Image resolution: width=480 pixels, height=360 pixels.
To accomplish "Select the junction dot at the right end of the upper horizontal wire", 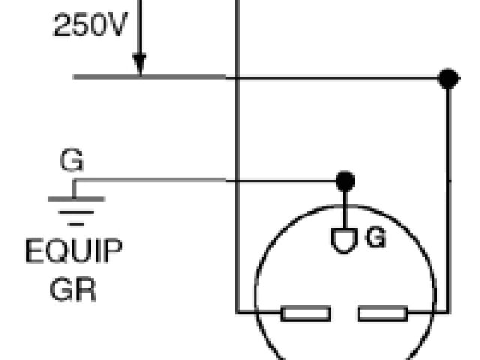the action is point(448,77).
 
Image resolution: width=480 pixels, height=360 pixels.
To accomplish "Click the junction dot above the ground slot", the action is point(344,180).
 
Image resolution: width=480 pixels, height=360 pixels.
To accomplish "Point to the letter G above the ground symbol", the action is point(71,162).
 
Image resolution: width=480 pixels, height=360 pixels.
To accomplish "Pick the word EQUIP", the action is point(73,251).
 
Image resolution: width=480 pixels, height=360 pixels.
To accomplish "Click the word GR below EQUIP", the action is point(73,288).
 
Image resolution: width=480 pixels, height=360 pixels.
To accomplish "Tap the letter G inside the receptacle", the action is point(376,238).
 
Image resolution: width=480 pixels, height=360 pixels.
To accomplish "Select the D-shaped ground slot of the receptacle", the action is point(344,240).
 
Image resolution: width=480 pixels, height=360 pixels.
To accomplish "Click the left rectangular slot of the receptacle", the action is point(306,312).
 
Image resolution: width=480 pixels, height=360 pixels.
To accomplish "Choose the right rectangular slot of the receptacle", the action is point(382,312).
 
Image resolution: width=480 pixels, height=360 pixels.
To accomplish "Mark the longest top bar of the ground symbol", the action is point(76,199).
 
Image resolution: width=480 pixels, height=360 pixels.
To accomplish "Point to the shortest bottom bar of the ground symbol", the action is point(76,223).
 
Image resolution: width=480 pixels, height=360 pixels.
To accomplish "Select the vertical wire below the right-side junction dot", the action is point(448,195).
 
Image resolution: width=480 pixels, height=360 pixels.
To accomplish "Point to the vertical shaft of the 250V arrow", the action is point(139,37).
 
